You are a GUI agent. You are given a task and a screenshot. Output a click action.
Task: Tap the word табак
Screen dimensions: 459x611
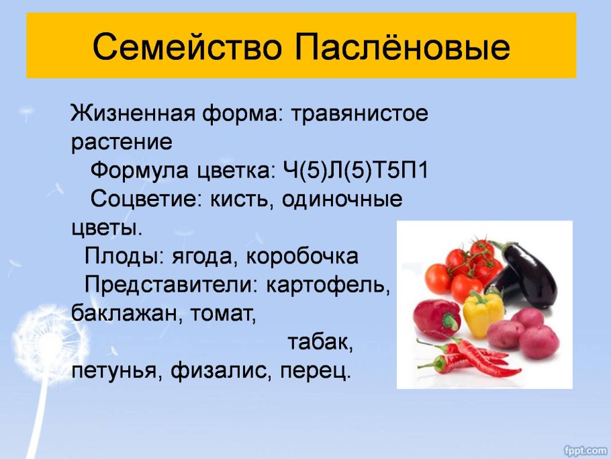[x=320, y=343]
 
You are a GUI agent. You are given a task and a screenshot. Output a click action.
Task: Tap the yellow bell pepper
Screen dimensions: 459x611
[x=483, y=313]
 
